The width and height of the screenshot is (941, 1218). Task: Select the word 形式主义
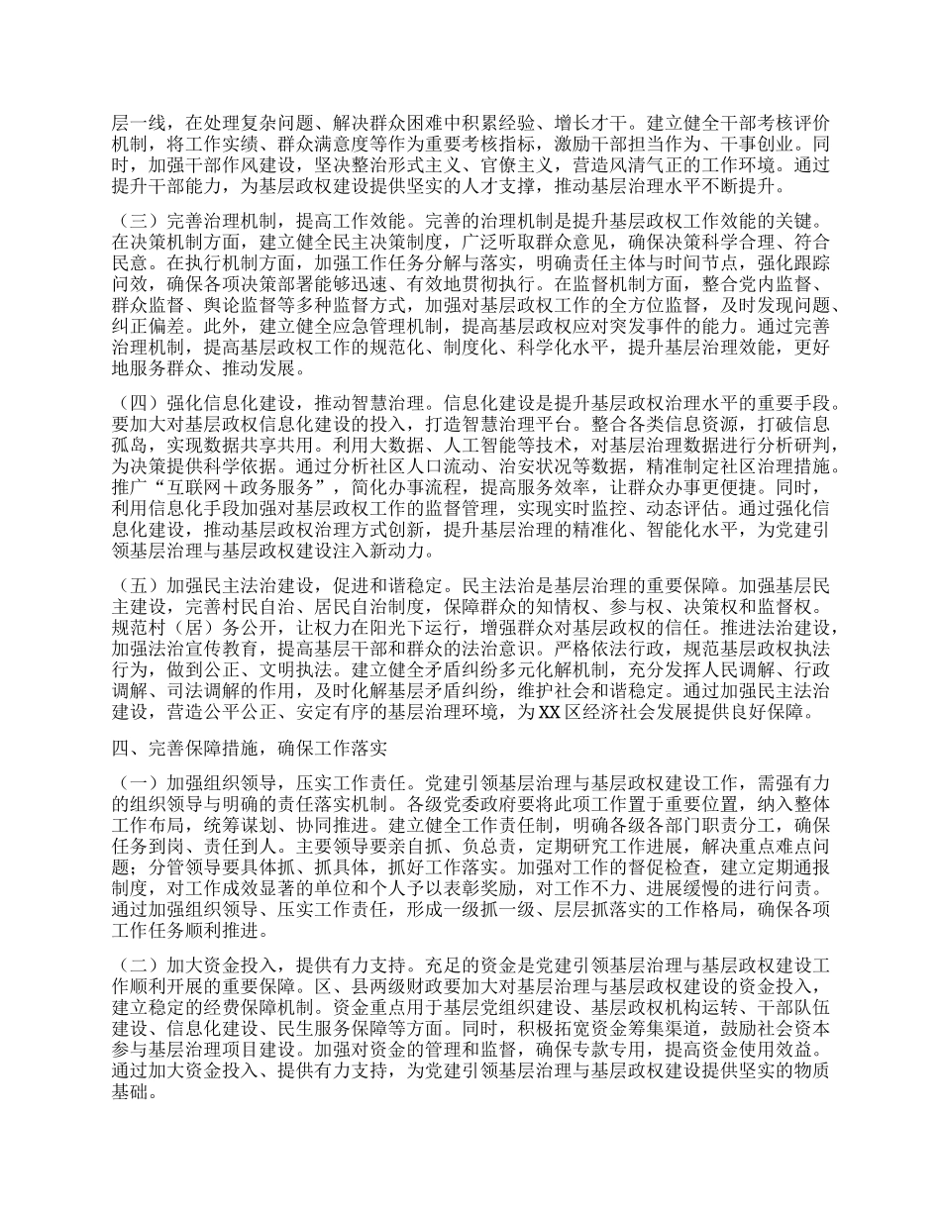click(452, 163)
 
